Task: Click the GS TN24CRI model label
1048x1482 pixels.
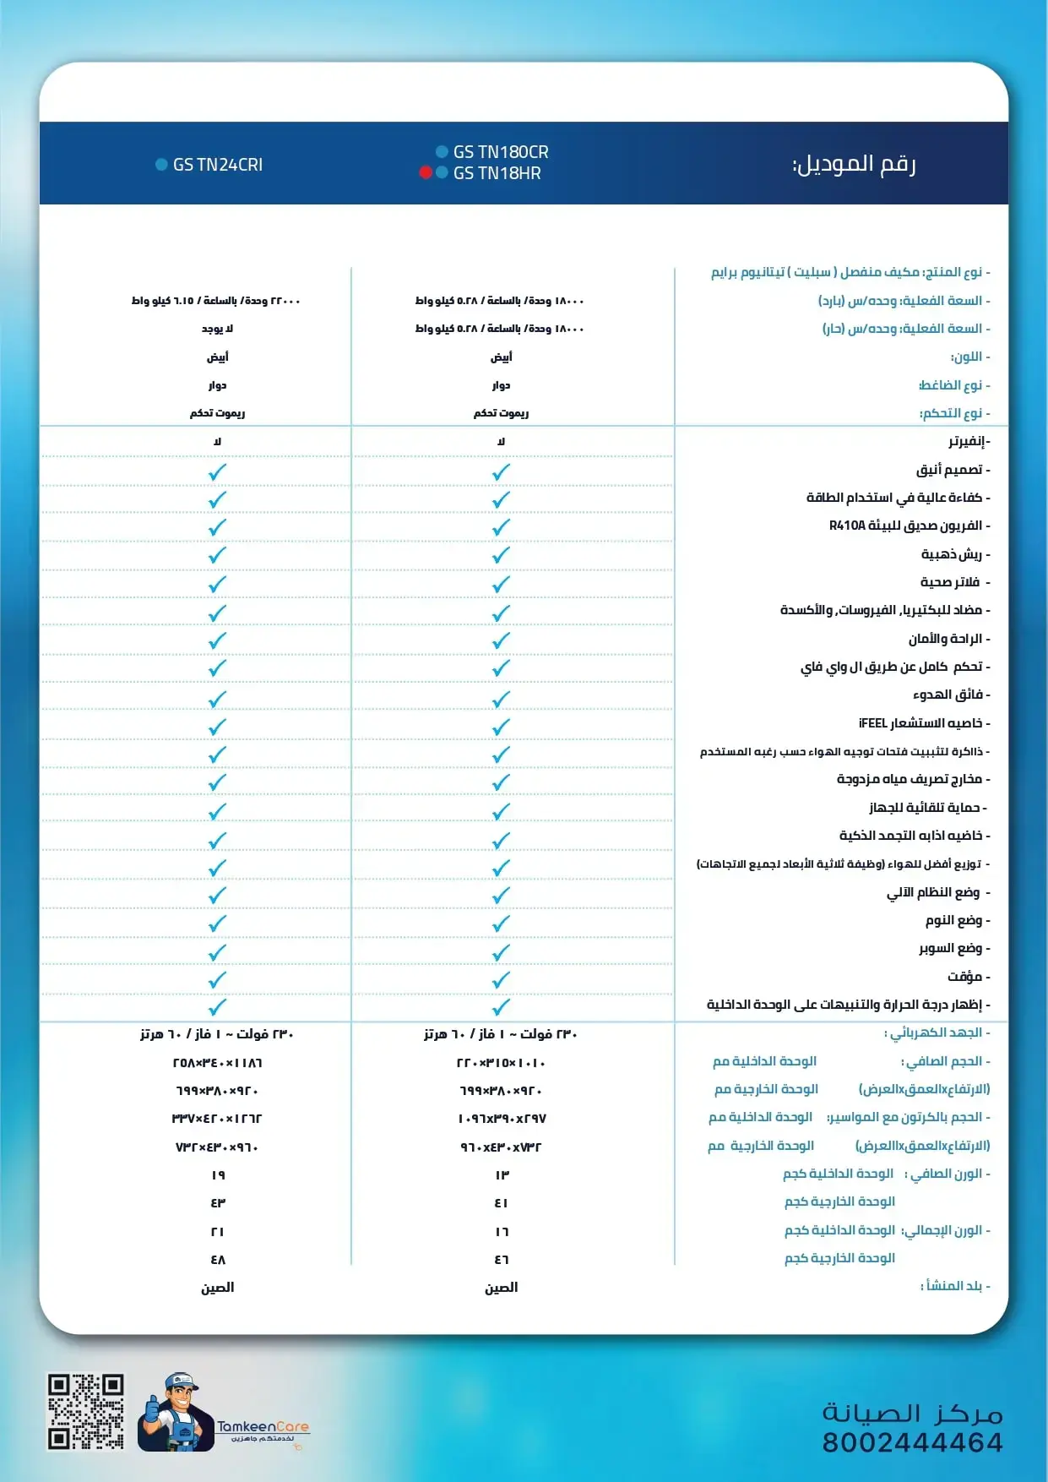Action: coord(217,165)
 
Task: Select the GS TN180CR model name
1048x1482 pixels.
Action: coord(500,152)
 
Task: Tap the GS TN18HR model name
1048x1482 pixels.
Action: coord(497,173)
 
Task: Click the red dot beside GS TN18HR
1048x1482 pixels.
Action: coord(426,172)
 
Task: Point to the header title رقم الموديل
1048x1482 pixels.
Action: coord(853,164)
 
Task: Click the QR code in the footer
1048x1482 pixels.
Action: coord(85,1411)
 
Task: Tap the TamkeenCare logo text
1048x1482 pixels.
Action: coord(263,1426)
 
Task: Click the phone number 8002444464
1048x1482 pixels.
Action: coord(913,1442)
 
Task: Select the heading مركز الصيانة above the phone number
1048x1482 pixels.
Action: coord(912,1413)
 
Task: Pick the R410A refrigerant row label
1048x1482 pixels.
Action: coord(905,526)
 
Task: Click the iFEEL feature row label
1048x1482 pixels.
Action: coord(920,723)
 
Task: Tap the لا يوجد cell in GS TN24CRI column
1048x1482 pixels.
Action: coord(217,329)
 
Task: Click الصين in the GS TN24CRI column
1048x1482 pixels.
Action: coord(217,1288)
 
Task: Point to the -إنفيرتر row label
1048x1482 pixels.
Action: coord(969,442)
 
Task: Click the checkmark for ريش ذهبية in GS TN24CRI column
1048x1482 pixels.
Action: coord(217,555)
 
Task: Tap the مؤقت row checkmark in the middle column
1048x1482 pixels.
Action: coord(501,980)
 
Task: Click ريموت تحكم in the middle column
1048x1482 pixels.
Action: coord(501,413)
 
